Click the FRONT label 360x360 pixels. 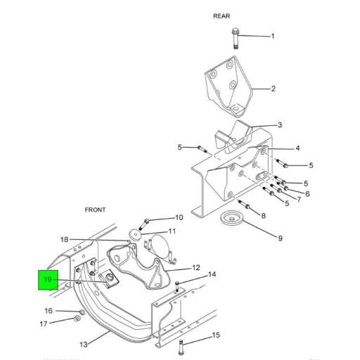pos(95,210)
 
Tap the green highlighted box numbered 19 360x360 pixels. pos(48,280)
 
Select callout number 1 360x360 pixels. pos(273,36)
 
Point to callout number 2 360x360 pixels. pos(273,89)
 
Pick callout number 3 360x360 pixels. pos(279,125)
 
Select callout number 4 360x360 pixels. pos(278,148)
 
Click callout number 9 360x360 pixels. pos(280,238)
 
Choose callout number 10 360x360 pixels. pos(179,218)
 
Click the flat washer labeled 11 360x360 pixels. pos(134,233)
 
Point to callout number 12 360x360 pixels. pos(196,268)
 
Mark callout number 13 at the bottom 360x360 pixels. pos(83,345)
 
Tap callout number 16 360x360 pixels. pos(49,311)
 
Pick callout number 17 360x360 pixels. pos(44,324)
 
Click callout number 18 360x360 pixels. pos(64,240)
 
